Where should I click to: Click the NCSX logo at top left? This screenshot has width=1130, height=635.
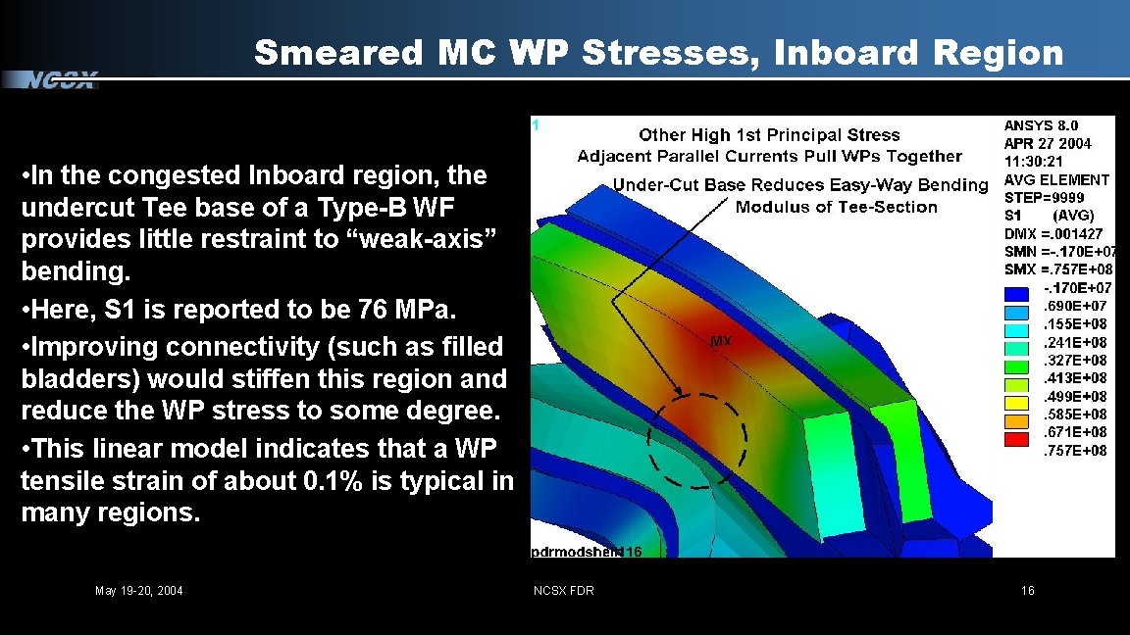pos(61,80)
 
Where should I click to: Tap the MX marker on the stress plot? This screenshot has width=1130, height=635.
pos(721,341)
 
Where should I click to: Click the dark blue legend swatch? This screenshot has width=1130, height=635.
pos(1017,293)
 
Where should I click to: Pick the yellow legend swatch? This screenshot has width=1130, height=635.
pos(1017,403)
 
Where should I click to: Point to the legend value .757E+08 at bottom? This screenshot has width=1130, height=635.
pos(1074,451)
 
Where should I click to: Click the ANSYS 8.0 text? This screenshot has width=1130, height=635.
pos(1041,125)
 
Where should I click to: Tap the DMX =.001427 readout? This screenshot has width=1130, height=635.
pos(1053,233)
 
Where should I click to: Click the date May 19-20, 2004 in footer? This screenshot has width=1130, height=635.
pos(138,591)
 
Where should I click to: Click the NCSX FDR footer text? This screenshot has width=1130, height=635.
pos(563,590)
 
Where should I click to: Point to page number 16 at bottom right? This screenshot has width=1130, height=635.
pos(1027,590)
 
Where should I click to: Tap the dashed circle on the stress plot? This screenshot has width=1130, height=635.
pos(696,441)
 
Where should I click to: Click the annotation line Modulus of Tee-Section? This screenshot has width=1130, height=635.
pos(836,207)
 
